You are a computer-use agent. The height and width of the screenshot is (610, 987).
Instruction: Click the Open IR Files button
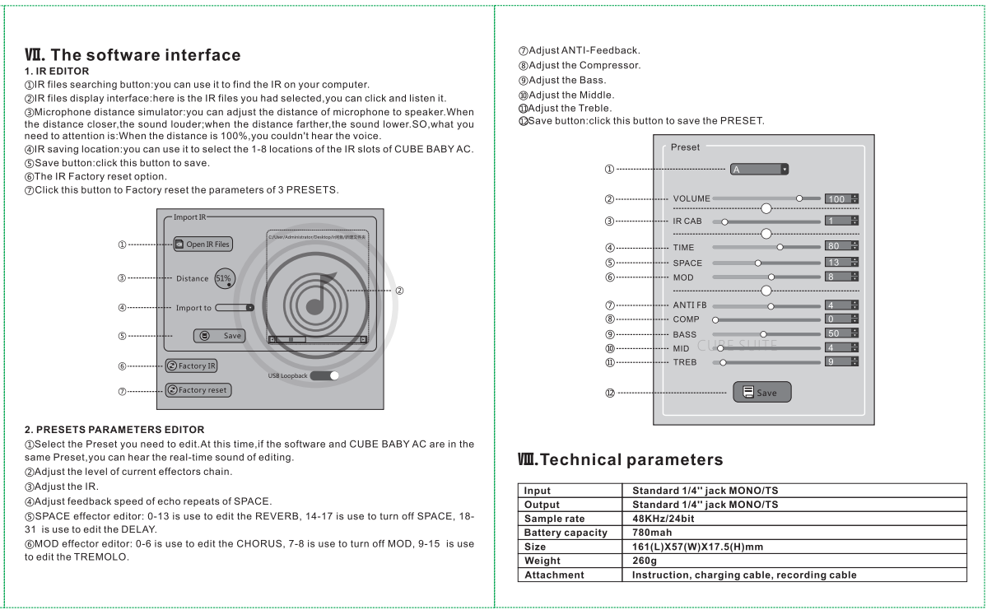203,244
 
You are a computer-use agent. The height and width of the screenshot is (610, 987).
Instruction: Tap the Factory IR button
191,366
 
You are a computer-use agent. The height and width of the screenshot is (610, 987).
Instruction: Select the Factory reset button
198,389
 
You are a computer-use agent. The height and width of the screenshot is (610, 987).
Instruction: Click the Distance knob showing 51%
224,278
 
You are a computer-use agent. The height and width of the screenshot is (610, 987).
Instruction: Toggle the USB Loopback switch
325,375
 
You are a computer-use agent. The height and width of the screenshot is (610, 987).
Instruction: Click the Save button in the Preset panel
761,392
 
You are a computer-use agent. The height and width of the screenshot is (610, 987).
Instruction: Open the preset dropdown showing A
759,170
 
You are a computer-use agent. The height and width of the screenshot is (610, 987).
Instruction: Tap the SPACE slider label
687,263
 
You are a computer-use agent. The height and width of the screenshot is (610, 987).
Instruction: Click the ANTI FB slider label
690,305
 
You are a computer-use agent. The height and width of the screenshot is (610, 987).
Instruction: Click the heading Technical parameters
621,459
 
